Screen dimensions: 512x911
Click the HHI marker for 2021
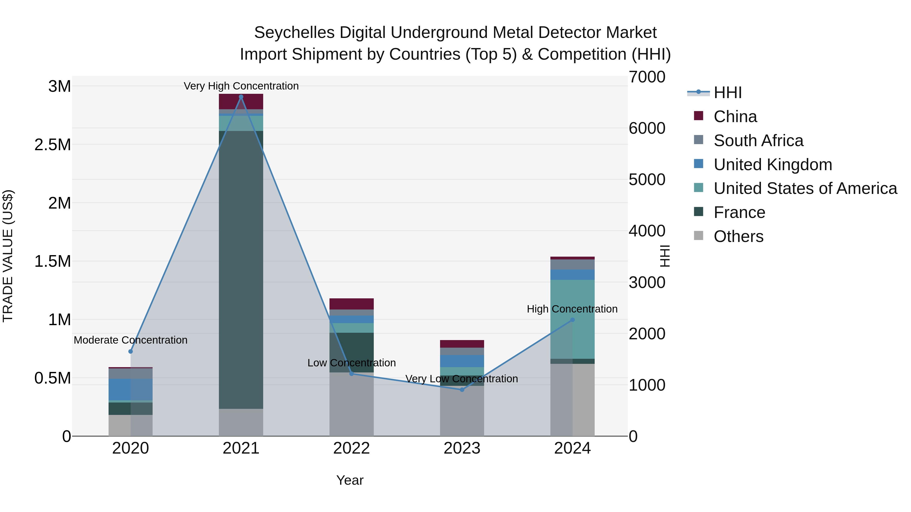pos(241,97)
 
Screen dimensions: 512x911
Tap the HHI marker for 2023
pos(462,390)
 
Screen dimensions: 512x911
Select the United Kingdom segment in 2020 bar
pos(131,389)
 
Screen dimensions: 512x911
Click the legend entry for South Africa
pos(758,141)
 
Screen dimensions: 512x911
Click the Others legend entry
pos(738,236)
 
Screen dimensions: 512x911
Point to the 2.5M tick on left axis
pos(52,145)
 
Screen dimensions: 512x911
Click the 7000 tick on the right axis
pos(647,77)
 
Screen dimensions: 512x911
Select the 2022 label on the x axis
pos(351,448)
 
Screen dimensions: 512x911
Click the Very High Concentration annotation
pos(241,86)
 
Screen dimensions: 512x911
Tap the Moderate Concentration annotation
pos(131,340)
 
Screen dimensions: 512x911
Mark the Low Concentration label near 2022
pos(351,363)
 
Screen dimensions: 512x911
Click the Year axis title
pos(350,480)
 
